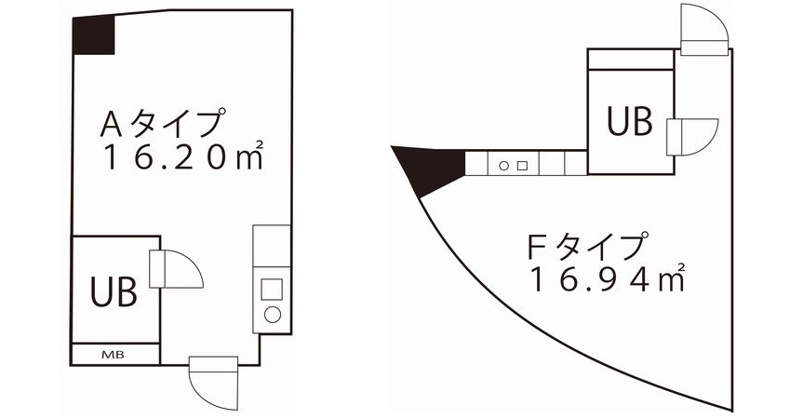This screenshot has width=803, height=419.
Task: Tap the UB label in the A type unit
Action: coord(114,291)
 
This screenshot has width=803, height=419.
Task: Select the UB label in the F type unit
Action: coord(629,121)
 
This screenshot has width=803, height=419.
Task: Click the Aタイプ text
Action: coord(163,123)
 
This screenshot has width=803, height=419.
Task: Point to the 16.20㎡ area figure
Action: coord(183,155)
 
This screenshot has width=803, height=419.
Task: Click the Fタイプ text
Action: coord(585,247)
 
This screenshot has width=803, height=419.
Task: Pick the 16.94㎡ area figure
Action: coord(607,278)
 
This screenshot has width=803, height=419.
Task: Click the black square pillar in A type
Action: coord(93,35)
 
